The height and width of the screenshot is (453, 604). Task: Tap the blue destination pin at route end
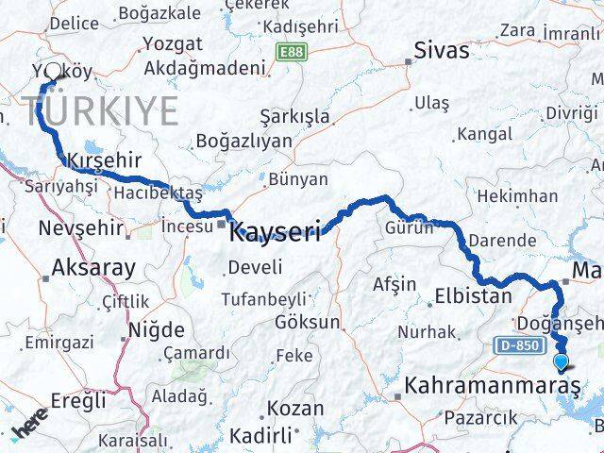click(562, 361)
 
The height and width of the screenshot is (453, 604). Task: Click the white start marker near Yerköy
click(53, 72)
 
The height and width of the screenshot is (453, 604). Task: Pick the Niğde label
click(158, 331)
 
